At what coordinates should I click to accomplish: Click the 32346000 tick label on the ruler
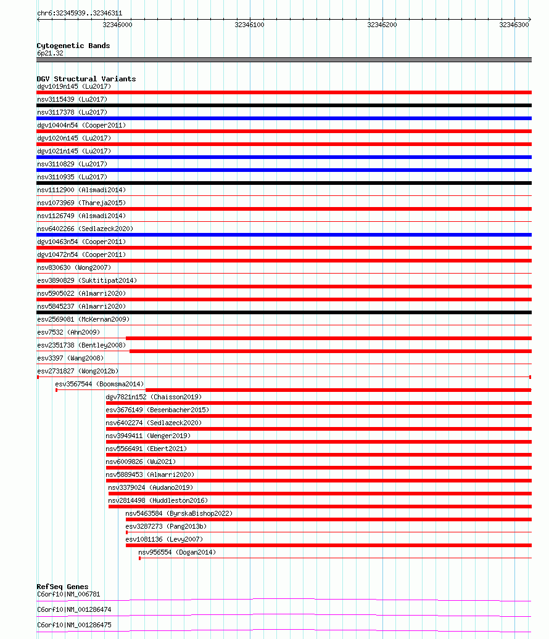(117, 25)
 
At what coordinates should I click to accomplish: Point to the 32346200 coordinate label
(382, 25)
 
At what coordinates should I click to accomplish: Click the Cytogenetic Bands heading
(73, 46)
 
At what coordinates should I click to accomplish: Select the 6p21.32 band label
(50, 53)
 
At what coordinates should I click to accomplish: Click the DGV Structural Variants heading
(86, 79)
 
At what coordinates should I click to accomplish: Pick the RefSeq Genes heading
(62, 587)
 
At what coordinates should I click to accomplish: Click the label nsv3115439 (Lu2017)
(72, 99)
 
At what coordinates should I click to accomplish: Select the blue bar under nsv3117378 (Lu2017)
(284, 118)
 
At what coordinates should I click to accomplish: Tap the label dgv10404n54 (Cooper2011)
(81, 125)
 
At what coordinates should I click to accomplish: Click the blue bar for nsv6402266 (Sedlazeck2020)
(284, 235)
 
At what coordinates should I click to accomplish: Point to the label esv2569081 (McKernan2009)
(83, 319)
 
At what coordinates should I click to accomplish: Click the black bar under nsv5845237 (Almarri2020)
(284, 312)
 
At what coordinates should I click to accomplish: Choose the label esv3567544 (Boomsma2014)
(99, 384)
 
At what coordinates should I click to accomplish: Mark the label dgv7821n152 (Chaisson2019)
(154, 397)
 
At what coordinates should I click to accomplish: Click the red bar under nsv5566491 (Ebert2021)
(318, 455)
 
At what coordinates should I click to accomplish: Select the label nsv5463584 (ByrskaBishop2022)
(179, 513)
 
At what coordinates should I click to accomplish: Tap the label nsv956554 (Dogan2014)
(177, 552)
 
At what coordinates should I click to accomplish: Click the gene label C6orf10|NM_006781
(68, 594)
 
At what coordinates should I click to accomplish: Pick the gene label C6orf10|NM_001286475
(74, 625)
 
